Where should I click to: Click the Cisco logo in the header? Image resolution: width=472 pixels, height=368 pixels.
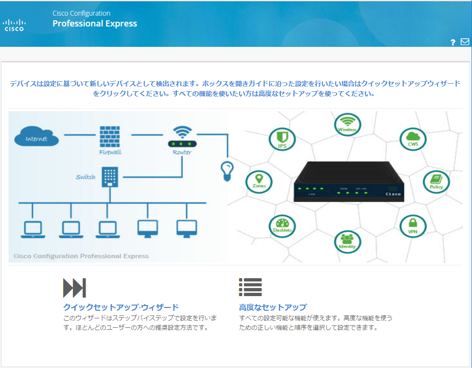(14, 25)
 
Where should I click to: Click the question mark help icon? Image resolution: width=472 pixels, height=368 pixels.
(453, 43)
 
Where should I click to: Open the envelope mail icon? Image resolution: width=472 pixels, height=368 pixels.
(464, 42)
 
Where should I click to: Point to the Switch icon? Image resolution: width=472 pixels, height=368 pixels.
(110, 176)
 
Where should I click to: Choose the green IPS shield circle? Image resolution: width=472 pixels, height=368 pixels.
(282, 139)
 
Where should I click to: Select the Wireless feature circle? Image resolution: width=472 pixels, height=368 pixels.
(347, 124)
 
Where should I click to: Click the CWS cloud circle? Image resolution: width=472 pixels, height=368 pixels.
(413, 139)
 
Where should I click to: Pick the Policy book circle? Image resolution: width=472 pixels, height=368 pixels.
(436, 182)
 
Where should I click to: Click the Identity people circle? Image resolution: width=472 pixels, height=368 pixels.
(347, 241)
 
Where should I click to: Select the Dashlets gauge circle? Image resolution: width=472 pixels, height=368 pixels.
(282, 226)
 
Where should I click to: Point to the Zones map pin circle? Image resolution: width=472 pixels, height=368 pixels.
(259, 182)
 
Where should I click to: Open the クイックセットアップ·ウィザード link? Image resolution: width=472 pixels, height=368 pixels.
(121, 307)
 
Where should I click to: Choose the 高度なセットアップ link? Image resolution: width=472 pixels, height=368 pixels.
(273, 307)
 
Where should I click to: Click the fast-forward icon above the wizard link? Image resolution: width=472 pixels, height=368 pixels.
(74, 288)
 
